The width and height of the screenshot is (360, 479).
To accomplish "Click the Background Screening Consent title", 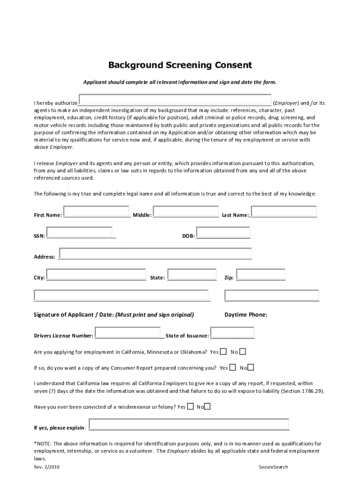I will pos(180,65).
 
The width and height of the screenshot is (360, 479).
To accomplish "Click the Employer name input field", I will pos(175,100).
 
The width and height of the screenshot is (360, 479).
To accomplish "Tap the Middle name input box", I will pos(186,212).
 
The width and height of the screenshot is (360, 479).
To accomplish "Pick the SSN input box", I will pos(79,232).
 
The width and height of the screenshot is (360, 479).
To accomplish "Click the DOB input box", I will pos(223,232).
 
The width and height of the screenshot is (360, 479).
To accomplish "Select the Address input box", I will pos(155,253).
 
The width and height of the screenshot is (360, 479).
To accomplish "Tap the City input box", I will pos(96,275).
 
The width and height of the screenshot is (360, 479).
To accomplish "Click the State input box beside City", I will pos(192,275).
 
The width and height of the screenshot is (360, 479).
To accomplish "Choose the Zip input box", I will pos(260,275).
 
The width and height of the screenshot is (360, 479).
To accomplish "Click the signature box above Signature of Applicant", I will pos(122,296).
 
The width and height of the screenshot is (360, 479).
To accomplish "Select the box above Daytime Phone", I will pos(272,296).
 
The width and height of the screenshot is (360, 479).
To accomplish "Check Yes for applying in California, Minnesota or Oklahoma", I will pos(223,352).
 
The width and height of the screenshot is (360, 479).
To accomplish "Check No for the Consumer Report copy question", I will pos(251,368).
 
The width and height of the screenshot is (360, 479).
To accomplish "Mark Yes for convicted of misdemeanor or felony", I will pos(190,406).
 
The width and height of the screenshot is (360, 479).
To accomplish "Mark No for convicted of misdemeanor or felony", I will pos(207,406).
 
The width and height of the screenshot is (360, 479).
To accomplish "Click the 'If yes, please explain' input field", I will pos(188,425).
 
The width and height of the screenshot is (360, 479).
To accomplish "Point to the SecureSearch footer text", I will pos(274,467).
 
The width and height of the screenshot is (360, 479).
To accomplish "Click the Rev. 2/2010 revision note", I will pos(47,467).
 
